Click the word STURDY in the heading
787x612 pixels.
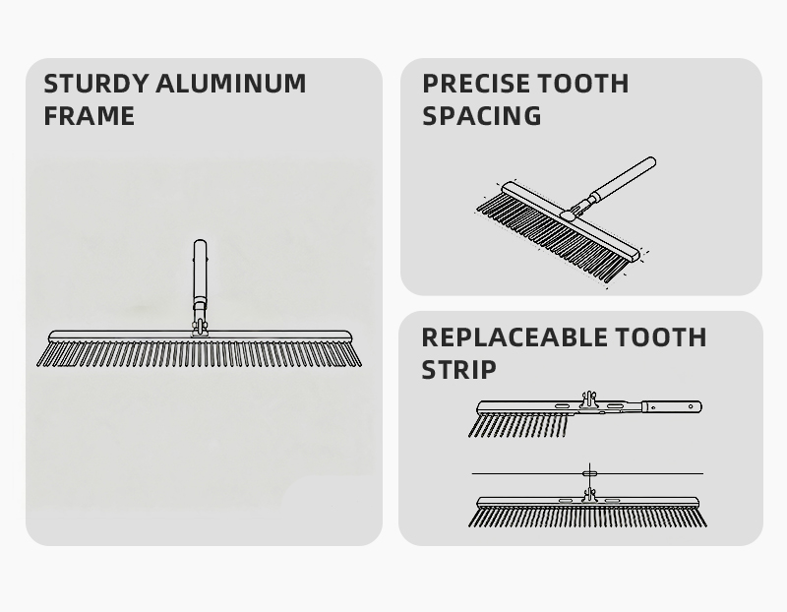(x=96, y=84)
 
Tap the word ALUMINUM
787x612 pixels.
(x=231, y=84)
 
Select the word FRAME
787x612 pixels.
(x=89, y=116)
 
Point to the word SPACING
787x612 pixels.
(x=482, y=116)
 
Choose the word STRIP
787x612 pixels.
(x=458, y=370)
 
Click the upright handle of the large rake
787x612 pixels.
(x=200, y=272)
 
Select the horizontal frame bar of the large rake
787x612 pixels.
(x=200, y=336)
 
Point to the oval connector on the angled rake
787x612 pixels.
(x=568, y=214)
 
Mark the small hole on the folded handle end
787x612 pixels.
(x=692, y=405)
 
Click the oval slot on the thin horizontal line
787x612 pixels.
(x=589, y=473)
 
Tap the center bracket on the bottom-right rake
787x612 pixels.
(x=589, y=495)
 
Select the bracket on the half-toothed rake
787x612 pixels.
(x=589, y=400)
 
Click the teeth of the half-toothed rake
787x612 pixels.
(x=518, y=425)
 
